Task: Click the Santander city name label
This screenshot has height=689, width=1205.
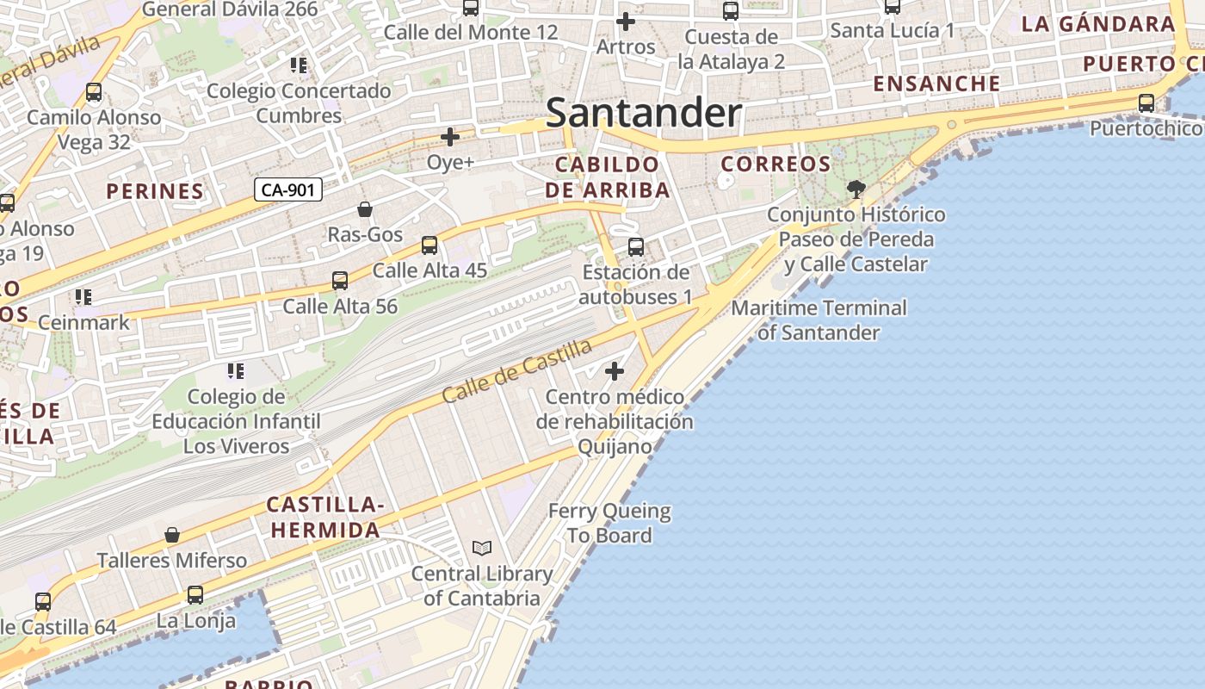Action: pos(643,113)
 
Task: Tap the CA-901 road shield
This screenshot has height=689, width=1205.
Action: pos(288,189)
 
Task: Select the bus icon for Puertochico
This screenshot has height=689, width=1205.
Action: pos(1146,103)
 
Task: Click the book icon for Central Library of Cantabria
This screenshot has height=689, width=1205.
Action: pos(482,548)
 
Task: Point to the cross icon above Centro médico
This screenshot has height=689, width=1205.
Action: pos(615,371)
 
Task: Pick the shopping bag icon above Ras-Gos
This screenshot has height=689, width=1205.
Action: pos(365,209)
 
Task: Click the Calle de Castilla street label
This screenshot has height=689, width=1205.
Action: pos(517,371)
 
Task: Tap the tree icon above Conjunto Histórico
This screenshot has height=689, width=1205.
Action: pos(856,189)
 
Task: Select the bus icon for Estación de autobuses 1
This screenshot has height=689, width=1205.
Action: pos(636,247)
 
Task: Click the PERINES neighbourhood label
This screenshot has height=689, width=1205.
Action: pos(155,191)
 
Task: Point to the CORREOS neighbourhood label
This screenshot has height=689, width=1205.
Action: pos(776,164)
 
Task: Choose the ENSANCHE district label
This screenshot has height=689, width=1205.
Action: pos(937,84)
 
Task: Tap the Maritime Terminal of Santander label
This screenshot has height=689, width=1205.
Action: pos(819,320)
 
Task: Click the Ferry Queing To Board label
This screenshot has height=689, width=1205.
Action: pos(609,523)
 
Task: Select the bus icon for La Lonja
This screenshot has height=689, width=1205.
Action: pos(195,595)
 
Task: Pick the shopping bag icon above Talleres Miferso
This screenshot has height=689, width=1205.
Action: pos(172,535)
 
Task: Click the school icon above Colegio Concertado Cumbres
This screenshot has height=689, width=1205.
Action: pos(299,65)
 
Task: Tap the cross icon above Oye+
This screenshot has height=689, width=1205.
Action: pos(450,137)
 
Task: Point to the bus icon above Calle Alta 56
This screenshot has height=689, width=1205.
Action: pos(340,281)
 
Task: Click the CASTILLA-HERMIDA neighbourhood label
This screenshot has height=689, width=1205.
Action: pos(324,517)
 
